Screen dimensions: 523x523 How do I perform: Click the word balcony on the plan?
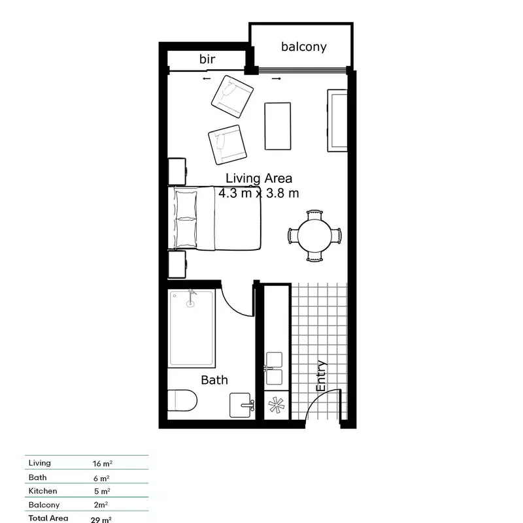303,47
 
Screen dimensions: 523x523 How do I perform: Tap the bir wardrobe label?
207,59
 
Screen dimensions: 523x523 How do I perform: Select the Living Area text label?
259,178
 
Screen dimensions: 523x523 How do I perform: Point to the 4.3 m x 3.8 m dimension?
259,193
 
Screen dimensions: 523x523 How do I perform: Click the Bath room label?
214,379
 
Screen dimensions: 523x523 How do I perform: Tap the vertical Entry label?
321,376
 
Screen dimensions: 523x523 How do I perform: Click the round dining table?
315,235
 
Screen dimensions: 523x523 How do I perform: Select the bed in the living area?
216,218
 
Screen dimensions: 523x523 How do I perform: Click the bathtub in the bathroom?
192,328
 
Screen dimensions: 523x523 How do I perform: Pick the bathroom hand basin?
243,405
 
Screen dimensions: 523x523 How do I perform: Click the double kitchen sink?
273,368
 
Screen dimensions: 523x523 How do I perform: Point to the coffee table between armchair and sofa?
278,126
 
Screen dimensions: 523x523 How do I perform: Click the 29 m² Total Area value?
101,520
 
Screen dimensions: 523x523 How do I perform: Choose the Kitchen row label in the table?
42,491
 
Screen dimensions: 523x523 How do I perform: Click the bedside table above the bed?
178,171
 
